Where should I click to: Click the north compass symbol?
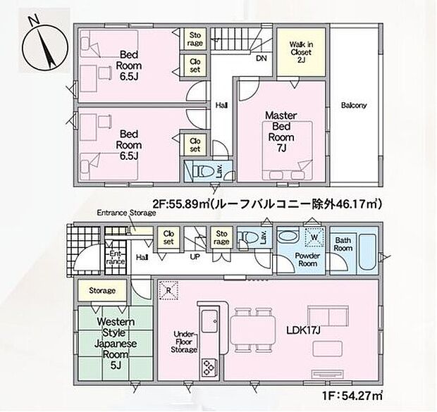(42, 44)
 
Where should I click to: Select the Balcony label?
(355, 106)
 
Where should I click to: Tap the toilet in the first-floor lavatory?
(247, 237)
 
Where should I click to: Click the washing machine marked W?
(311, 237)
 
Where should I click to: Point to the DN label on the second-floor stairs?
(261, 58)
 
